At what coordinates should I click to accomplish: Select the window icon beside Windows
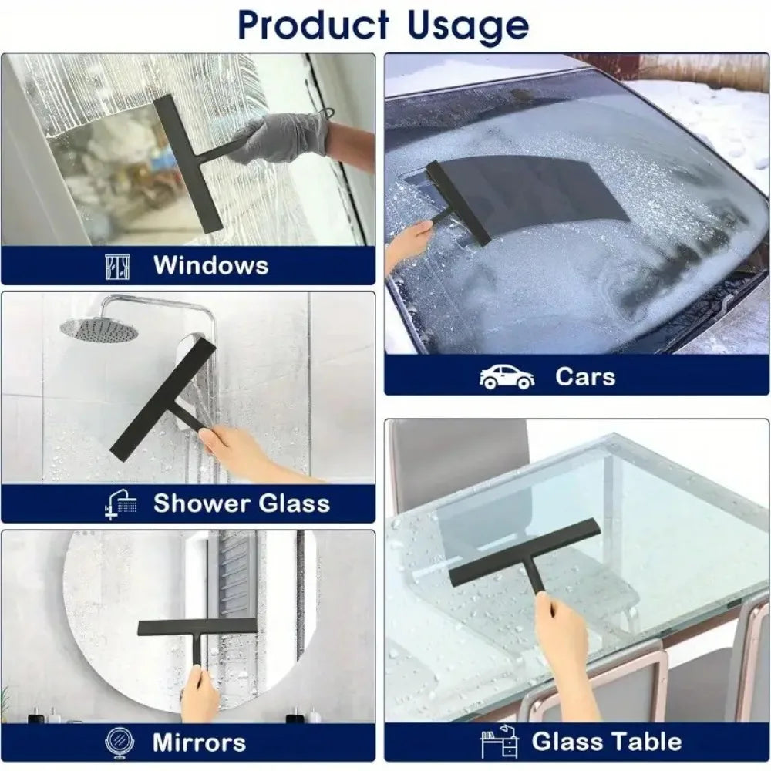117,266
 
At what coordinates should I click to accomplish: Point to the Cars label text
585,377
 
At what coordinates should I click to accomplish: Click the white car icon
507,377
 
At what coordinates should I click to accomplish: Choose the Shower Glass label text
241,503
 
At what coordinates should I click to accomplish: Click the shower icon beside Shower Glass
121,504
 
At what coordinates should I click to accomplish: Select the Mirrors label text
199,742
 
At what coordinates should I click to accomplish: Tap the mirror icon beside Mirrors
120,742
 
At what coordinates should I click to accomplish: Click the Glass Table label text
607,742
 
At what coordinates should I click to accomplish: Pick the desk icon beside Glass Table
499,742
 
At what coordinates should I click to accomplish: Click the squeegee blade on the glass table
524,552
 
